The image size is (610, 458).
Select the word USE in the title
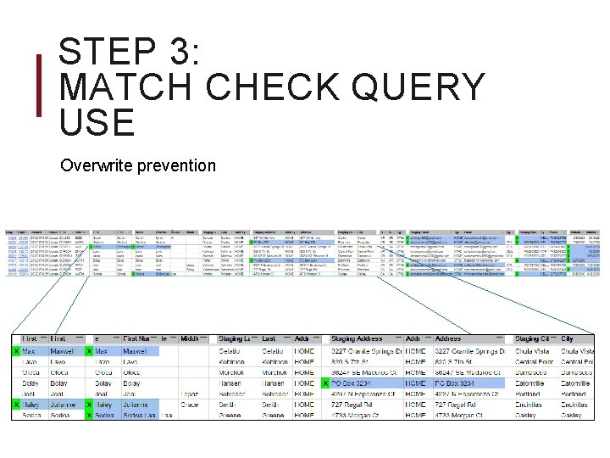tap(97, 123)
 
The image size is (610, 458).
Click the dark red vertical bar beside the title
tap(37, 87)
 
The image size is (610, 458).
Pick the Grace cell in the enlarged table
tap(190, 405)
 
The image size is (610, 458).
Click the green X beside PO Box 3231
tap(326, 383)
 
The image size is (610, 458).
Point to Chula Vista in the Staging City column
tap(535, 351)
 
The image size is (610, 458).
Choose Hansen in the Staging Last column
tap(235, 383)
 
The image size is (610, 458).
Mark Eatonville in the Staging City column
tap(534, 383)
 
